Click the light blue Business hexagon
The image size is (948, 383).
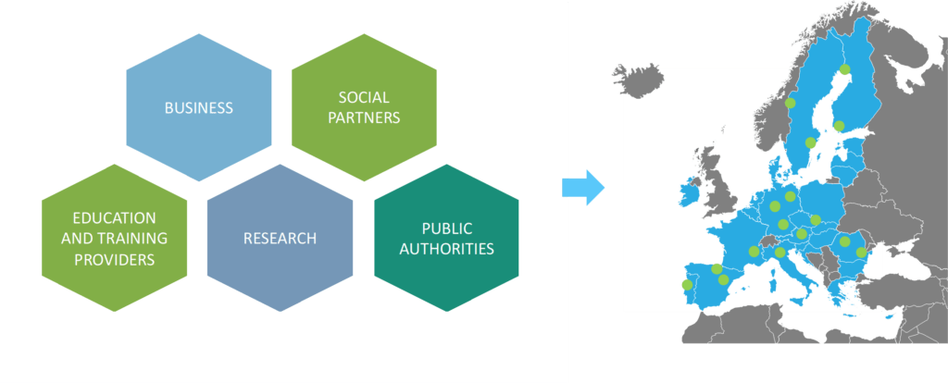(x=199, y=108)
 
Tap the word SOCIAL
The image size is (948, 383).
(x=364, y=97)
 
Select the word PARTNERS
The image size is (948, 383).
(x=364, y=117)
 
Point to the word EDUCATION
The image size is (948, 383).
(x=115, y=217)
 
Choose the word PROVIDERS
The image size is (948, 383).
(x=115, y=259)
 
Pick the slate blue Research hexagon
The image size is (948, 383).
(x=280, y=239)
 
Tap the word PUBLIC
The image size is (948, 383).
(x=447, y=228)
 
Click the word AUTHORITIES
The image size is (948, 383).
(x=447, y=248)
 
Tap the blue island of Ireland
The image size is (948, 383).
(x=690, y=193)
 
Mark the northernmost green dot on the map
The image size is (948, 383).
(x=844, y=68)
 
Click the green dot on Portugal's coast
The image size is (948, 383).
(x=686, y=284)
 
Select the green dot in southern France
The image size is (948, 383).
(x=754, y=251)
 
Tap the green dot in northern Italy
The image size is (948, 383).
(x=780, y=252)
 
